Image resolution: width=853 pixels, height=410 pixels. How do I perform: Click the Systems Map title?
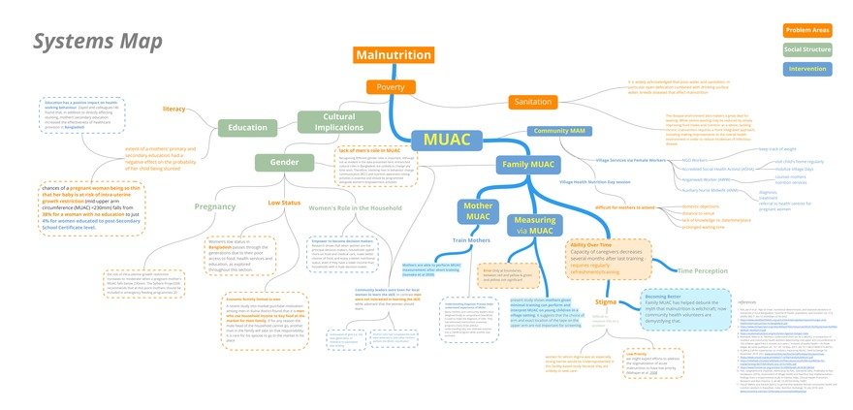tap(97, 41)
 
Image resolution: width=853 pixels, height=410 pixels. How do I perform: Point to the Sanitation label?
tap(534, 102)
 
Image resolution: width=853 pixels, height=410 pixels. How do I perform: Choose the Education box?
tap(248, 127)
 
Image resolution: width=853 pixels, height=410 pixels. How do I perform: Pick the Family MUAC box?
tap(529, 165)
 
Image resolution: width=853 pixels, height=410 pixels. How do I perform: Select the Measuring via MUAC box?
tap(532, 226)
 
